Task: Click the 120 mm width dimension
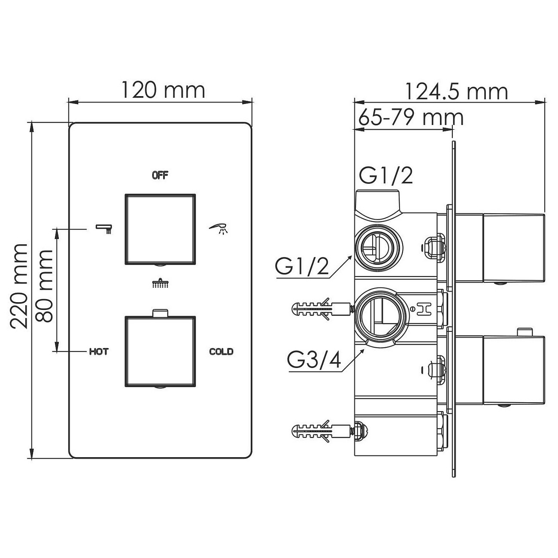point(163,91)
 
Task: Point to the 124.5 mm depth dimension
point(457,91)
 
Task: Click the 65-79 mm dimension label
point(411,117)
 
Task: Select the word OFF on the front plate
point(160,175)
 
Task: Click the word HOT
point(99,352)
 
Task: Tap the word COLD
point(221,352)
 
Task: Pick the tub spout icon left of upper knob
point(104,228)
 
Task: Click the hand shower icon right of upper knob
point(219,228)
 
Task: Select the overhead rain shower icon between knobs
point(160,283)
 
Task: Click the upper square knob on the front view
point(160,229)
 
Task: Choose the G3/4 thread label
point(314,361)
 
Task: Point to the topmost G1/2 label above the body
point(386,176)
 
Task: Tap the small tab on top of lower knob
point(160,312)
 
